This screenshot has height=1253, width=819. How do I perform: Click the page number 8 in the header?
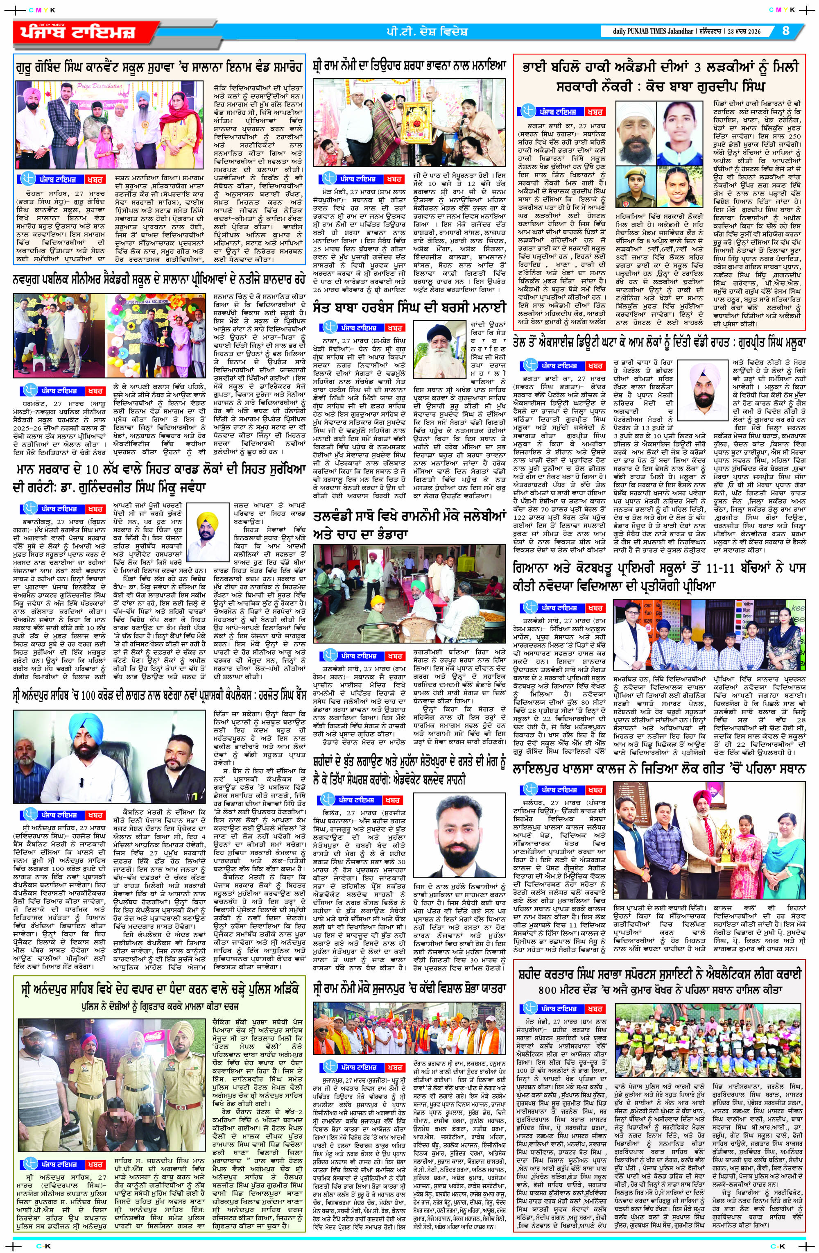(786, 31)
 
